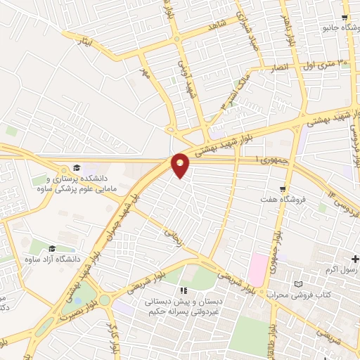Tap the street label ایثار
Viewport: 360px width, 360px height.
(x=86, y=43)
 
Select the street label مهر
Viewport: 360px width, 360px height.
(x=145, y=72)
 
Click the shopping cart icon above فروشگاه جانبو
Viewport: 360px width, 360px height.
(x=345, y=18)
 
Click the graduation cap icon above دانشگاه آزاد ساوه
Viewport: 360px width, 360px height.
(x=53, y=249)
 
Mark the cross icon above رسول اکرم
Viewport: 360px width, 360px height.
(x=355, y=259)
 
